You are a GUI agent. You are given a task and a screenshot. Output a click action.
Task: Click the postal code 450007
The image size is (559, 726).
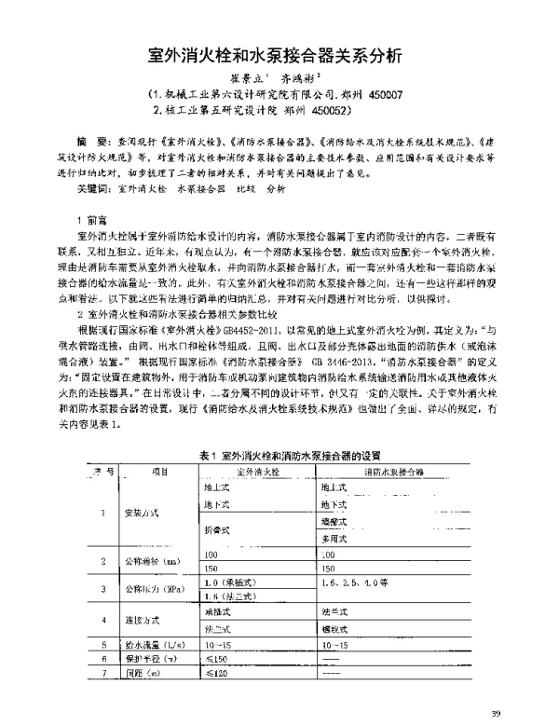(x=386, y=95)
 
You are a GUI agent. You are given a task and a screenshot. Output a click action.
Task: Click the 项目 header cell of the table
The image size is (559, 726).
(x=160, y=472)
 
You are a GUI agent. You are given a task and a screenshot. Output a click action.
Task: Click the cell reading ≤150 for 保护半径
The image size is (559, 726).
(x=217, y=656)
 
